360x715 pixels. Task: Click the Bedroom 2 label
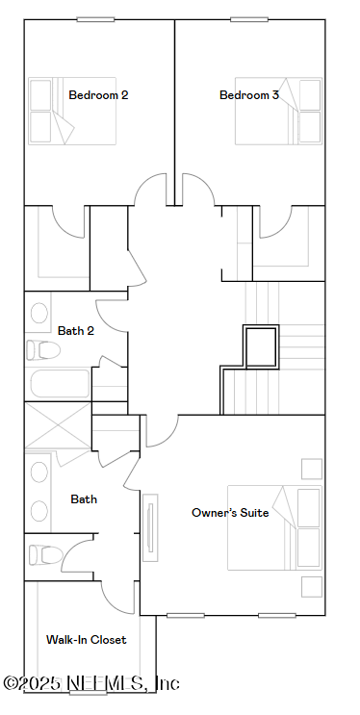[x=98, y=95]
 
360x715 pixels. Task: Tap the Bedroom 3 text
[x=249, y=95]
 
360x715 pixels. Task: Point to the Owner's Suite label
[x=230, y=513]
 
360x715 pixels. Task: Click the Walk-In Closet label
[x=86, y=640]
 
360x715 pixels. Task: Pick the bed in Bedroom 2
[x=71, y=112]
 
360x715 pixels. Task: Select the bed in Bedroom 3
[x=277, y=112]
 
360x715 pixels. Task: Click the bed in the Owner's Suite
[x=274, y=527]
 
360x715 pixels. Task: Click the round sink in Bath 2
[x=39, y=313]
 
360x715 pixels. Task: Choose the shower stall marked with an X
[x=57, y=424]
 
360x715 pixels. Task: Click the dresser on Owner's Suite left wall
[x=151, y=526]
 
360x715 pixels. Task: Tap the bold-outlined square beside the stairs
[x=260, y=347]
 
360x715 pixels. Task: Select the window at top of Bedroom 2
[x=95, y=19]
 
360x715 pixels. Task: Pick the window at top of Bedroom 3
[x=249, y=19]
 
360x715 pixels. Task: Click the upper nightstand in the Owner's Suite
[x=311, y=469]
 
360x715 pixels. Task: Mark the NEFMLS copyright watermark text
[x=90, y=683]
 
